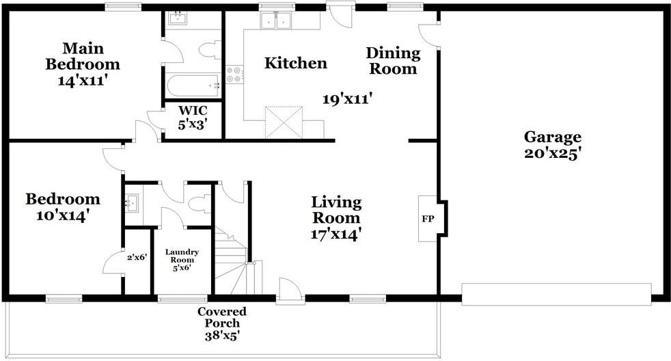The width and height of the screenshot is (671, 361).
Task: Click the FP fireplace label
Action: tap(428, 219)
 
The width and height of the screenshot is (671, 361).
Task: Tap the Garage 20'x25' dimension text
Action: tap(552, 153)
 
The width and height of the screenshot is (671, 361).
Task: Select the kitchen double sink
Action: tap(277, 20)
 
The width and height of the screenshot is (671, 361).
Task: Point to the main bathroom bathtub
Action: tap(193, 86)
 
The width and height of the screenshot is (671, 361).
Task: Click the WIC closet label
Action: tap(193, 111)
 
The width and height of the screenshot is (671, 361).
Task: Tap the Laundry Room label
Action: tap(182, 256)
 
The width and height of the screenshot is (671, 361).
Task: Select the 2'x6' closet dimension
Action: tap(137, 257)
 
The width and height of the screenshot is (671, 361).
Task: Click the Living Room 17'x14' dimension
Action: tap(336, 235)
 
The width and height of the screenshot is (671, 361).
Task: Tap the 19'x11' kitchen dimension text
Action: tap(347, 99)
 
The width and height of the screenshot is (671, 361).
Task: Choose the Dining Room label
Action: tap(393, 61)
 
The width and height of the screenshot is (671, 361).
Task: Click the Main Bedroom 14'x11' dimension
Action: tap(82, 80)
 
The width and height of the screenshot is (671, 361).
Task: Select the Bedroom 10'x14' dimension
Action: tap(62, 215)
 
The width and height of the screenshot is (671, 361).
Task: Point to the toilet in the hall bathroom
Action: tap(200, 204)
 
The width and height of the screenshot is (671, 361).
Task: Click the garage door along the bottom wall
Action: tap(556, 294)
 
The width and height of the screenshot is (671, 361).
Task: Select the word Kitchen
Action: tap(296, 63)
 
